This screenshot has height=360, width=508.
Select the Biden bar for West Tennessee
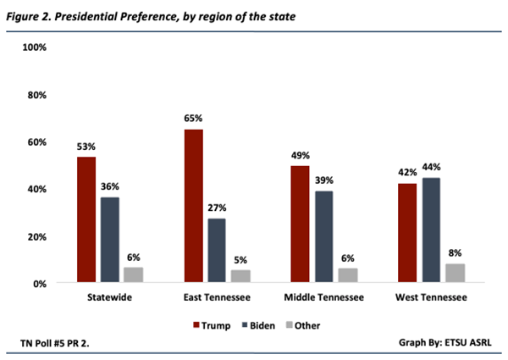[x=430, y=230]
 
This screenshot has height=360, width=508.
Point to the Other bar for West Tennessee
[x=455, y=273]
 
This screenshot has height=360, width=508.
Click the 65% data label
[x=194, y=119]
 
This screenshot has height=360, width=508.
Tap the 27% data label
[x=218, y=208]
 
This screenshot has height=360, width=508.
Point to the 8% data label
[x=455, y=253]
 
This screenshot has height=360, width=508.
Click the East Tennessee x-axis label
[x=218, y=299]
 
